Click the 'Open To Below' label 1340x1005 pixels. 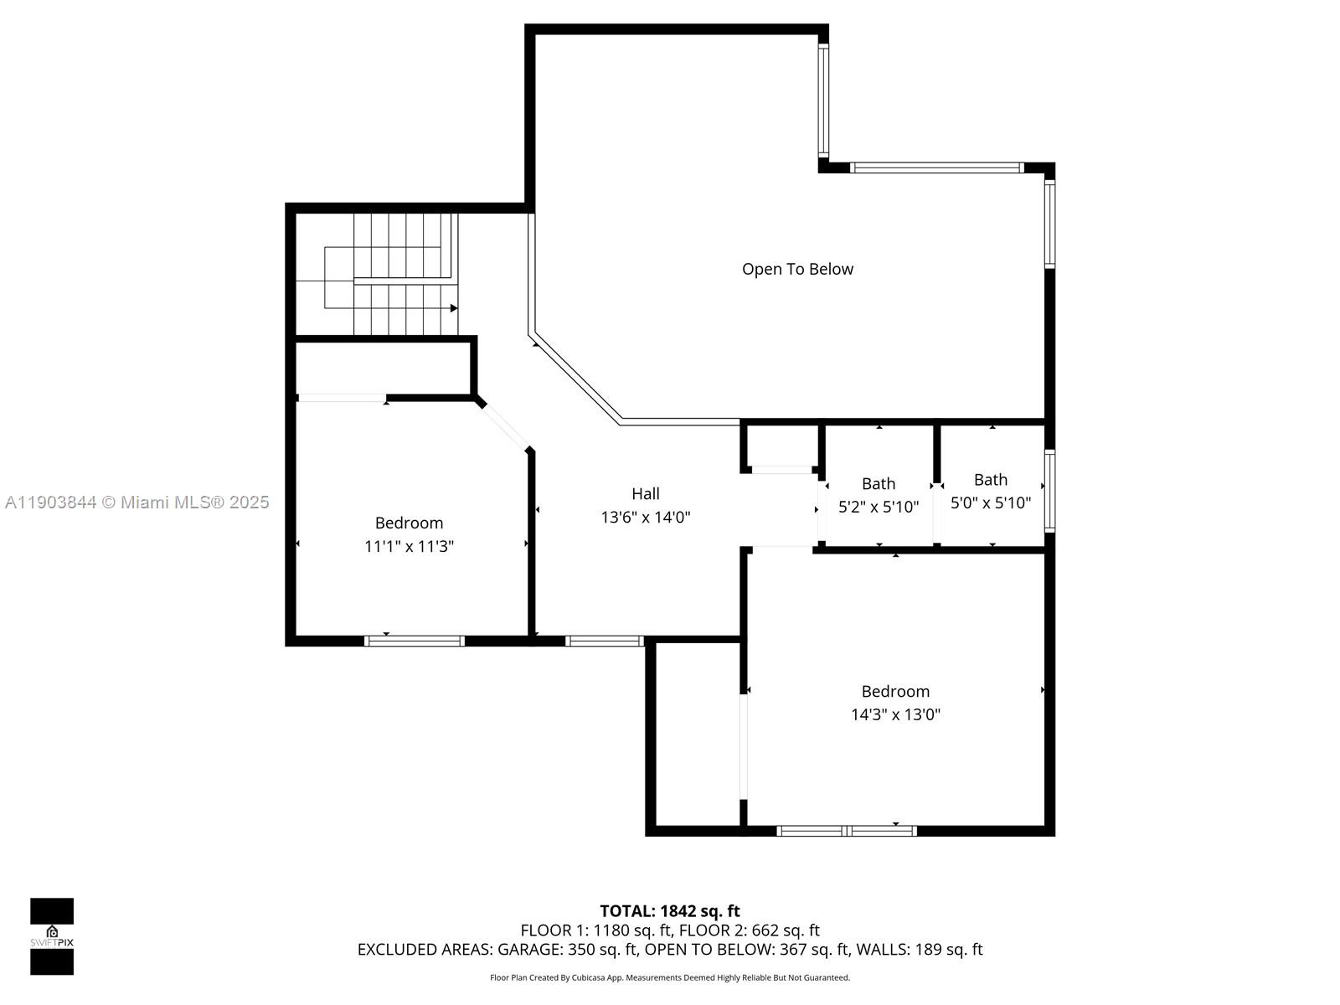tap(797, 269)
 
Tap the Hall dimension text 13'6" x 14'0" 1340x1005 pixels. tap(645, 518)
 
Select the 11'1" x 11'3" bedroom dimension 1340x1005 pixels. tap(409, 547)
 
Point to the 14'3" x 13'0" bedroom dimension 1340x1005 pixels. tap(895, 714)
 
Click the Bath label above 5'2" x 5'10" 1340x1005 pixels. tap(878, 483)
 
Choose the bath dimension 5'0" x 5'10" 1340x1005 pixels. tap(990, 503)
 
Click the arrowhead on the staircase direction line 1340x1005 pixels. tap(454, 308)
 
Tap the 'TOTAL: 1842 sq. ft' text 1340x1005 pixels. tap(669, 910)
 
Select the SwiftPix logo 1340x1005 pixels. tap(52, 936)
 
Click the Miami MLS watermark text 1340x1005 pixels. tap(137, 502)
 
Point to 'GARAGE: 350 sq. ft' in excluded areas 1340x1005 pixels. tap(568, 949)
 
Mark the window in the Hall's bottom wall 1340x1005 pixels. tap(604, 642)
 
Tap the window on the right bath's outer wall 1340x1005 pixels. tap(1049, 491)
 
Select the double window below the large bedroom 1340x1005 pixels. tap(847, 831)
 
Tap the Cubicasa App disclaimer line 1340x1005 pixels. tap(669, 977)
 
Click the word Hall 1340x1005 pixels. tap(645, 494)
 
